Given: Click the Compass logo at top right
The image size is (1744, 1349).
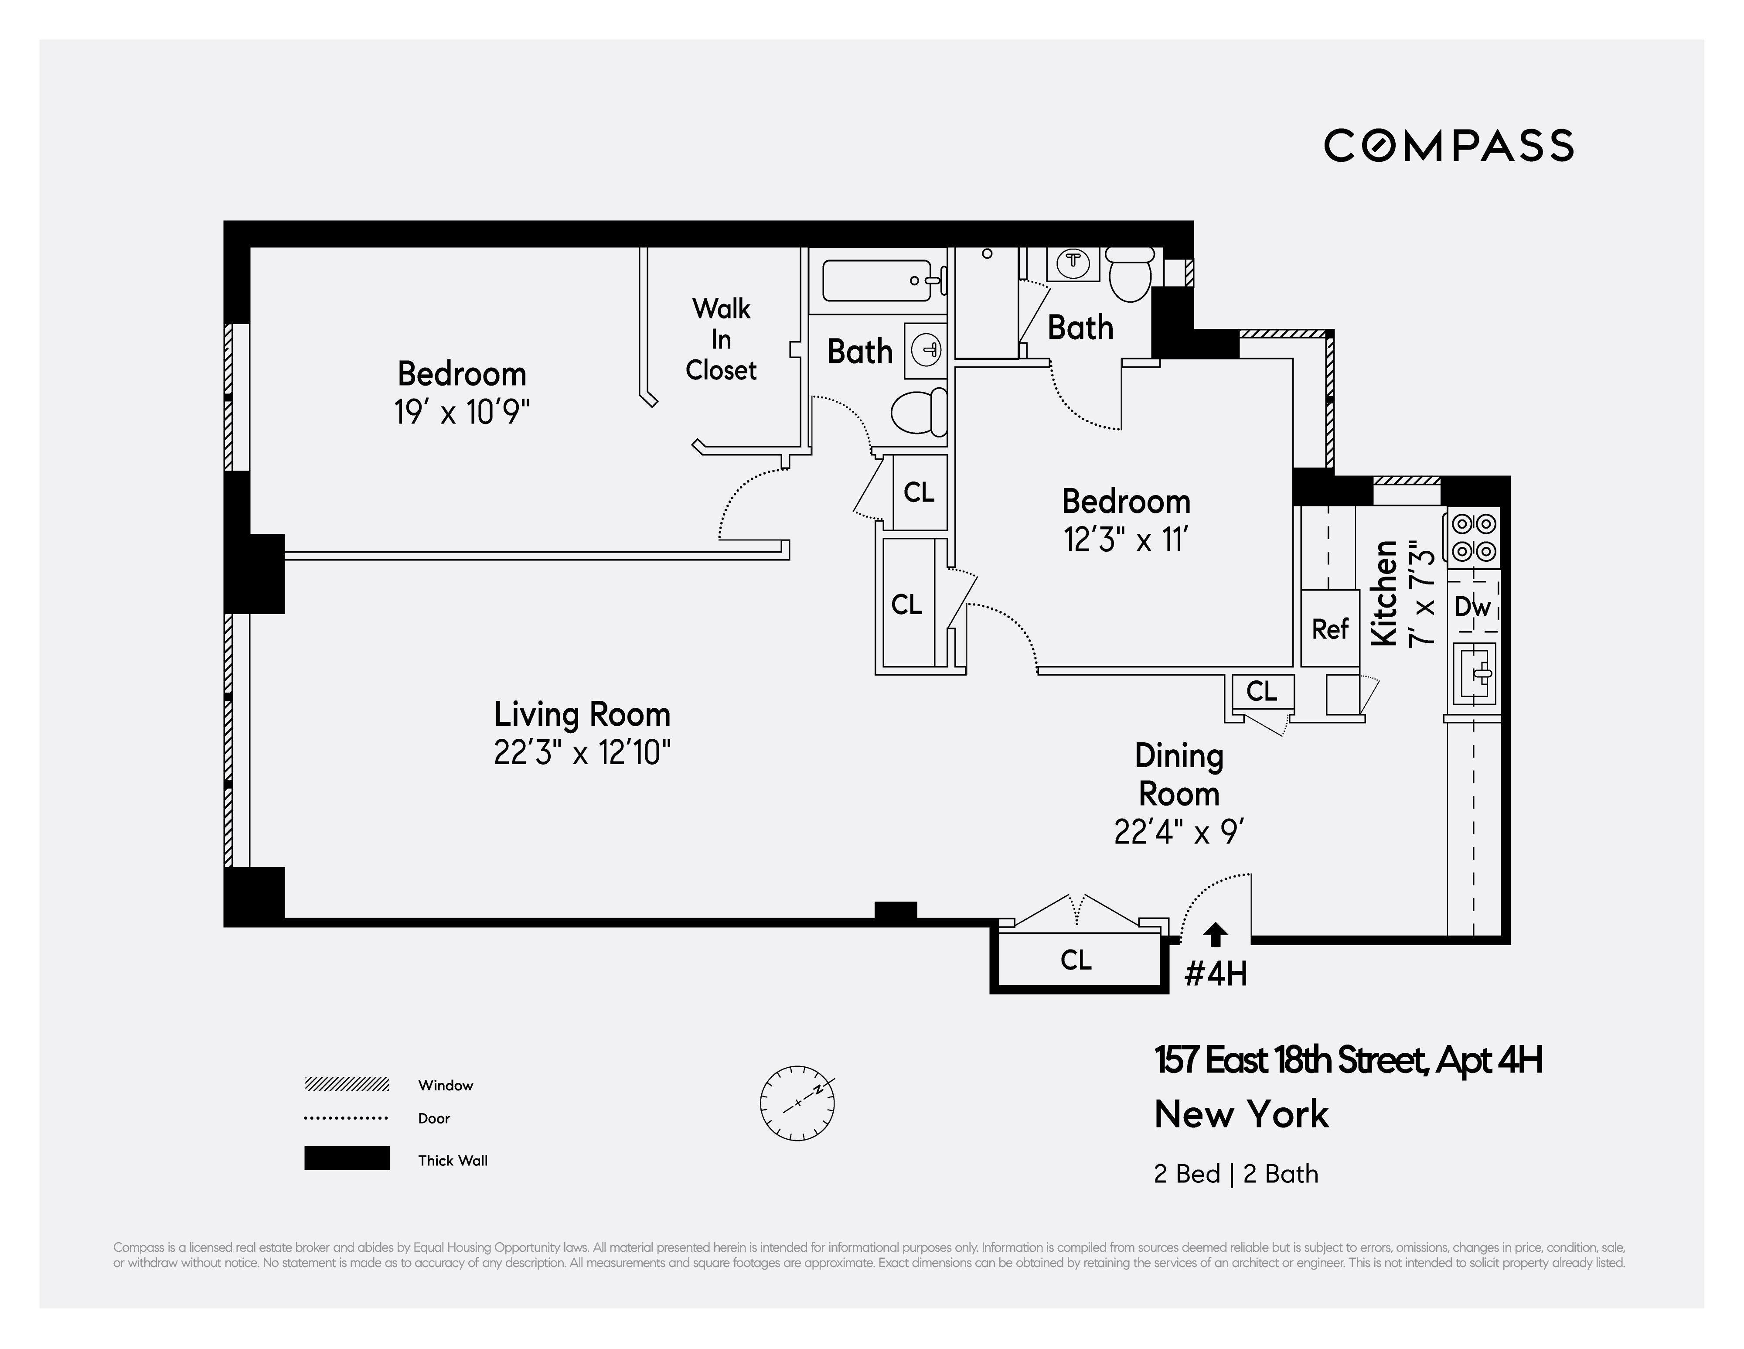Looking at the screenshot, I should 1448,145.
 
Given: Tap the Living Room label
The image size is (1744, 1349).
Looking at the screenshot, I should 582,713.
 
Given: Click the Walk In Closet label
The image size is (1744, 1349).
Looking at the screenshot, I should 721,339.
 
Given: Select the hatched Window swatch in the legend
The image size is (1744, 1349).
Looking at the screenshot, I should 347,1085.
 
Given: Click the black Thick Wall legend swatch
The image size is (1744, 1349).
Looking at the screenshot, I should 347,1158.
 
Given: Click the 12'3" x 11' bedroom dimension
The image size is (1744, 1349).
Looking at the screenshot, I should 1126,541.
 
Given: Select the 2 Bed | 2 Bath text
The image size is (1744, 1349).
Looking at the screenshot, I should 1235,1174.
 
